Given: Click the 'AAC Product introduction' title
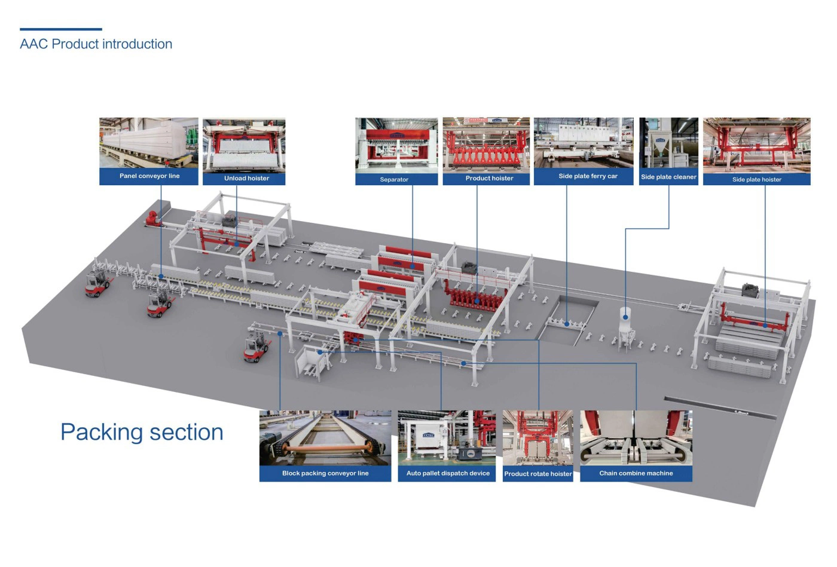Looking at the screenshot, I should coord(96,44).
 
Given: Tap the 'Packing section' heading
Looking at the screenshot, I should coord(142,432).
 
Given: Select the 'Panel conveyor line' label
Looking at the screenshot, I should coord(149,176).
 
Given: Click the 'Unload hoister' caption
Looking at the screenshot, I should coord(246,178).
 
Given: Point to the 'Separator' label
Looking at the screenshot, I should coord(394,179).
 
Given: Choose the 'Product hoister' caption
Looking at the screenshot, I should coord(489,178).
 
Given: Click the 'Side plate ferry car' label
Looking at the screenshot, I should coord(588,176).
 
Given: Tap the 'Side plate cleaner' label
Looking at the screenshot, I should coord(668,177).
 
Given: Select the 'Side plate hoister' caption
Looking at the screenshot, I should coord(756,179).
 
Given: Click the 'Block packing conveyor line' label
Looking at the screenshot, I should coord(325,473).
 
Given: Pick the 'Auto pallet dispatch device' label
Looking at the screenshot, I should coord(448,473).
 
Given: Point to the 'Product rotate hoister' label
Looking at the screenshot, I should coord(537,474).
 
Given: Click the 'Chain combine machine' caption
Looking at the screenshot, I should coord(636,473).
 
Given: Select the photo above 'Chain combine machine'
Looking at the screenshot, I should coord(636,437).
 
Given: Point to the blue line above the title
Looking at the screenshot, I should coord(61,29).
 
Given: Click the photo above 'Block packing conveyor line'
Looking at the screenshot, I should coord(325,437).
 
